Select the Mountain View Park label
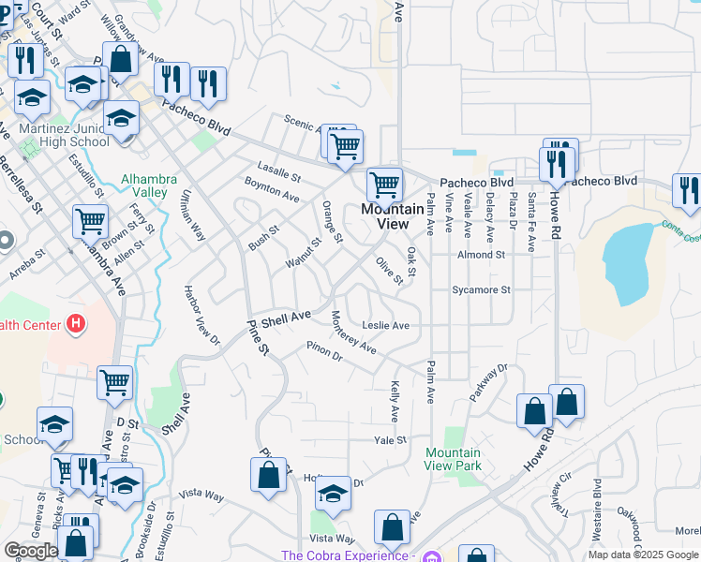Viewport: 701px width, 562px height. (x=453, y=459)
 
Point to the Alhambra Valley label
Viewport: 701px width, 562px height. (x=144, y=185)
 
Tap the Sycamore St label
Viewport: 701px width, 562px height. (x=481, y=290)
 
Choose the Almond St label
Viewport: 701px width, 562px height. (x=481, y=255)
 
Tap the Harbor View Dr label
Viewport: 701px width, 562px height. (x=201, y=314)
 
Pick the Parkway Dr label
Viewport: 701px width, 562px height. (x=488, y=381)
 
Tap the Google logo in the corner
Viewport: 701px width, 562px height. (x=31, y=551)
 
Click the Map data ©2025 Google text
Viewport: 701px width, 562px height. (x=643, y=555)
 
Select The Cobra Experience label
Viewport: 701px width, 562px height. (x=346, y=555)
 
